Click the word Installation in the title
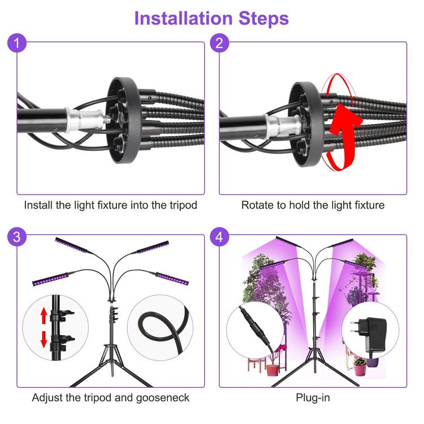coord(183,19)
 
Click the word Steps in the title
coord(263,19)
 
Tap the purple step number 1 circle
coord(17,43)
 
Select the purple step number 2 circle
coord(219,43)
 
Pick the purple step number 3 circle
coord(17,237)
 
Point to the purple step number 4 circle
coord(219,237)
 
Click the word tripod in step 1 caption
coord(183,205)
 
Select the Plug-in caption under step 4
coord(313,398)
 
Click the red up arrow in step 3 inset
coord(44,316)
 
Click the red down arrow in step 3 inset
coord(44,340)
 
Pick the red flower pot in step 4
coord(272,370)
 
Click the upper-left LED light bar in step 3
coord(72,245)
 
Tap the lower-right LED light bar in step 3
coord(172,279)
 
